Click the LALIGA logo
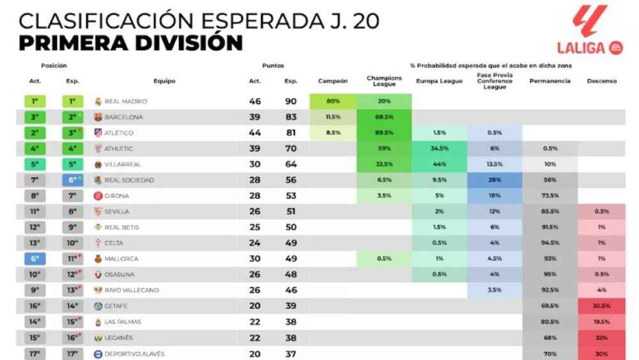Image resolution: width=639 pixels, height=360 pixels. (589, 31)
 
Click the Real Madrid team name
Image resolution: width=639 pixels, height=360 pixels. (126, 102)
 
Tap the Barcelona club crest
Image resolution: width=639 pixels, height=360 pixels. (98, 118)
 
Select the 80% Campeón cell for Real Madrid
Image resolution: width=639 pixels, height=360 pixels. (333, 102)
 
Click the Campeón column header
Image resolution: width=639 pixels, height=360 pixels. (333, 81)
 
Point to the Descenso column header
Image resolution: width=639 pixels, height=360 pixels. (601, 81)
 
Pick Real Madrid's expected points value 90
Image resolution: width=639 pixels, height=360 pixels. (291, 102)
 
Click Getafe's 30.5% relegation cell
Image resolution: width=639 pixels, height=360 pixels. (601, 306)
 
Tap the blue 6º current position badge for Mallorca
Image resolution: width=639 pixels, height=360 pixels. (35, 259)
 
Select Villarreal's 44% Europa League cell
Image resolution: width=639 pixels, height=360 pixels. (439, 164)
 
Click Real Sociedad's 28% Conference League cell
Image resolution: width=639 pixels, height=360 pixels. (495, 180)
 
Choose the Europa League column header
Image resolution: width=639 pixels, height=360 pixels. (439, 81)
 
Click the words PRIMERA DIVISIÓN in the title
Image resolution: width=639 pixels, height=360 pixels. (130, 43)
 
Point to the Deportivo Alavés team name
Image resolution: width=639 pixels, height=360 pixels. (134, 354)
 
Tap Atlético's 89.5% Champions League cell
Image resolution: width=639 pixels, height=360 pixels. (384, 133)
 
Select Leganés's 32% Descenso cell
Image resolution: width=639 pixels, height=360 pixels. (601, 338)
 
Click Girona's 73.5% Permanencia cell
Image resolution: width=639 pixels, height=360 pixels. (550, 196)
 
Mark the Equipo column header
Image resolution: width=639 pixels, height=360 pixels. (164, 81)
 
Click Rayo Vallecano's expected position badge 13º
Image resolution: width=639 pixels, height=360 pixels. (73, 290)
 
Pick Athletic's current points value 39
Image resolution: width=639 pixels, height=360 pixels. (254, 149)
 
